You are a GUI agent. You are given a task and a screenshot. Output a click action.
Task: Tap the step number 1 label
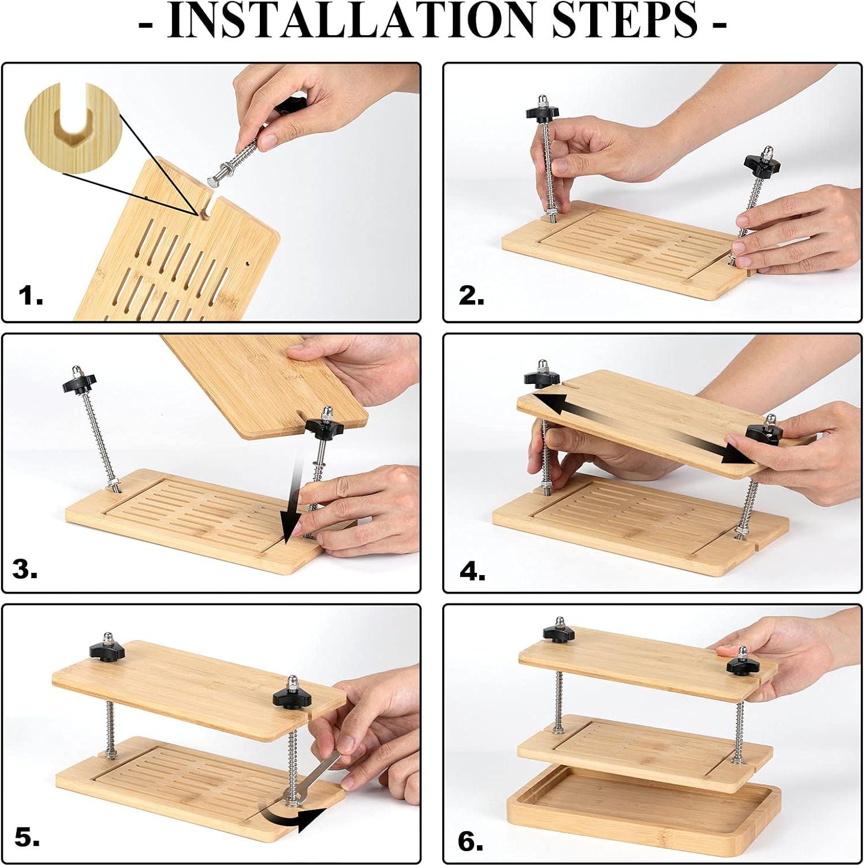click(x=31, y=297)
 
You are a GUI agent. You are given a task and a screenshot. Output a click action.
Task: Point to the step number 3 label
click(x=25, y=570)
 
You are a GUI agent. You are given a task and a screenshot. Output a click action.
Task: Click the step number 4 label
click(x=472, y=572)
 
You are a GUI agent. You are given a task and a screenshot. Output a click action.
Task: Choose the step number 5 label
click(x=27, y=838)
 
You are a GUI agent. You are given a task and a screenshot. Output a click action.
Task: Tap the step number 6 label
click(x=471, y=842)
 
